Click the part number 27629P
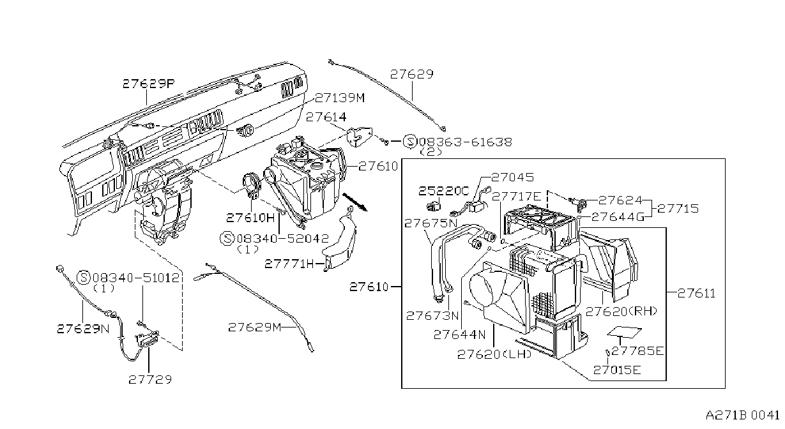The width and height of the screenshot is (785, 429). [x=149, y=84]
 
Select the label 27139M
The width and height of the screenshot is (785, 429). [x=340, y=98]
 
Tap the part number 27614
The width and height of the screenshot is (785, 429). [x=326, y=117]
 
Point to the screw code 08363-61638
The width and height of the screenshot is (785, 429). [x=466, y=142]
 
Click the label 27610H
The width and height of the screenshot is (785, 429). [x=250, y=218]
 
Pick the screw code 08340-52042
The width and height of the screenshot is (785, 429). [x=283, y=239]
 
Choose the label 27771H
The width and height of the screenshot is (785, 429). [x=289, y=264]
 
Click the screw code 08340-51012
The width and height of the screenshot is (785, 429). [x=136, y=278]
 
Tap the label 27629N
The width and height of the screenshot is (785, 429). [x=84, y=329]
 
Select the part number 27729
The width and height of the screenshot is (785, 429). [x=150, y=380]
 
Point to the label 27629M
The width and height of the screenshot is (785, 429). [x=255, y=327]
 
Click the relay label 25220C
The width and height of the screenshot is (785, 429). [x=444, y=191]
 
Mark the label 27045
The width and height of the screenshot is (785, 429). [x=512, y=177]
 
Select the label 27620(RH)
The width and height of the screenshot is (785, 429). [x=621, y=312]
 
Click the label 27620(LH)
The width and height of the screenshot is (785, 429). [x=494, y=354]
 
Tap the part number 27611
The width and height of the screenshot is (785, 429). [x=696, y=293]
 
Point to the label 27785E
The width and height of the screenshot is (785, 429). [x=637, y=351]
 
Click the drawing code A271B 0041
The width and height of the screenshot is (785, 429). [x=742, y=416]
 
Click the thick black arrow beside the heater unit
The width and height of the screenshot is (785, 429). [x=355, y=202]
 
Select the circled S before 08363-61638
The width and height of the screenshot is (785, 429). [x=409, y=142]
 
